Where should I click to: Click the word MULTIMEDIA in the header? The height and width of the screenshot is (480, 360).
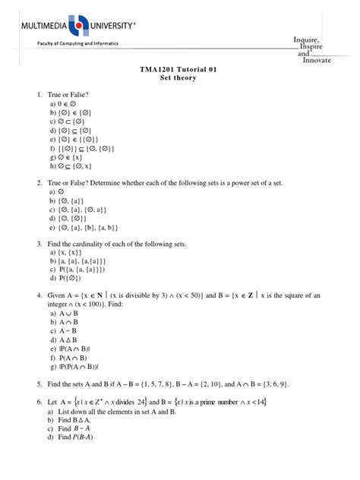(x=39, y=27)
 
